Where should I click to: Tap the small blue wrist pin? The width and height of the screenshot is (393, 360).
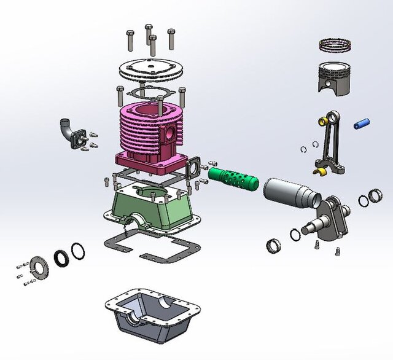tap(361, 123)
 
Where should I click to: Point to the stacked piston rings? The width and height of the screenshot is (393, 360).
tap(335, 45)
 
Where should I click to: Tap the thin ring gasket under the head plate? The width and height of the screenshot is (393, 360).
tap(148, 93)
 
